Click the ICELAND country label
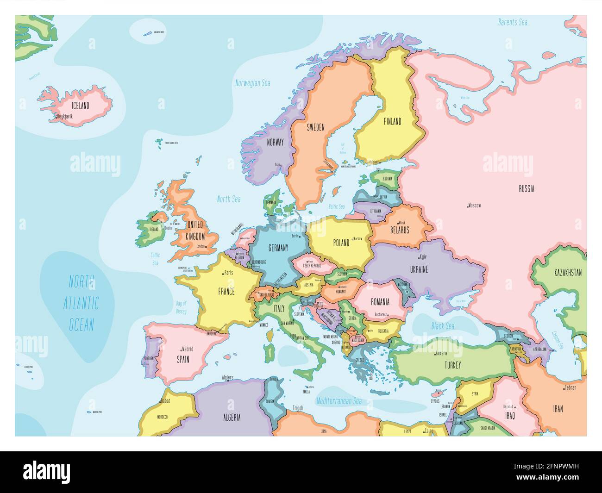(x=80, y=106)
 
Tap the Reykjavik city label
(x=65, y=117)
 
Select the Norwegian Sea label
(x=252, y=83)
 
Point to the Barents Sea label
(x=513, y=22)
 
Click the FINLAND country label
(x=392, y=121)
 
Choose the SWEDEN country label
(x=315, y=127)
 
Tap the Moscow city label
(x=474, y=205)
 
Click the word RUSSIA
(x=526, y=188)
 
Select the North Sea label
(x=229, y=199)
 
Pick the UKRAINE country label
(x=419, y=269)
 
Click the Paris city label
(x=228, y=273)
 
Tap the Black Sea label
(x=443, y=326)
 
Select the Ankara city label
(x=441, y=354)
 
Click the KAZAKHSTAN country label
(x=568, y=273)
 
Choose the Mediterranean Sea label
(x=339, y=401)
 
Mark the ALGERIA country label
(x=232, y=417)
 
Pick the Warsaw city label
(x=357, y=239)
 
